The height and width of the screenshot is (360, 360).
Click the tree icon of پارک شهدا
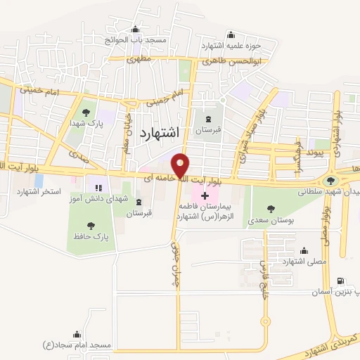(x=86, y=112)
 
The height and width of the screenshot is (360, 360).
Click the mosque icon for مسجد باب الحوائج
(x=135, y=30)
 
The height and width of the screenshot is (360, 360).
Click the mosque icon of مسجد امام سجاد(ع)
(x=77, y=335)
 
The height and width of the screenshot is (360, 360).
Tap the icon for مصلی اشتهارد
(x=304, y=250)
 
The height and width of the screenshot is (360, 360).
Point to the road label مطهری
(x=135, y=60)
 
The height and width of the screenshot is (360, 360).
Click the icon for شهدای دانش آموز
(x=98, y=188)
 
